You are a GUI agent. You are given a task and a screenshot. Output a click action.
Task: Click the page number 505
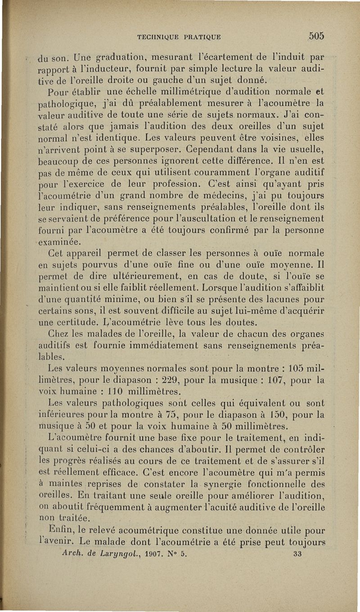point(317,36)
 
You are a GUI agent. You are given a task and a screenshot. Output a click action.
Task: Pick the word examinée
point(57,243)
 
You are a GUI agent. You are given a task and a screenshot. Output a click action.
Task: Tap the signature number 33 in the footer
point(297,554)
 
